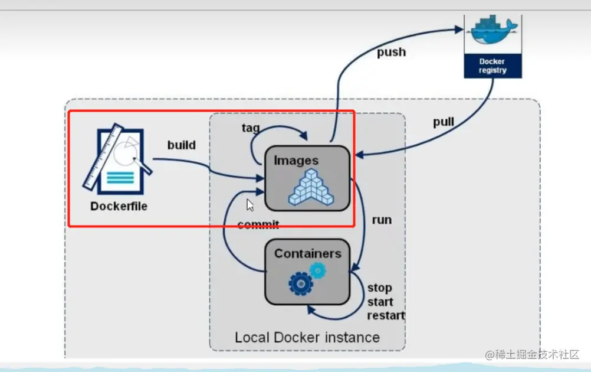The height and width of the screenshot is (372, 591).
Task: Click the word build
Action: pos(181,145)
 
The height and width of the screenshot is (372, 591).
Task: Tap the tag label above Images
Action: pos(251,128)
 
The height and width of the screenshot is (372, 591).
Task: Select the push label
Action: pos(392,52)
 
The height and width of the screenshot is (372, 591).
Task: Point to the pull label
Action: pos(444,122)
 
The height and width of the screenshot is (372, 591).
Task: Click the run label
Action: pos(382,220)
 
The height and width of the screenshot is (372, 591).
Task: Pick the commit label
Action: pos(258,224)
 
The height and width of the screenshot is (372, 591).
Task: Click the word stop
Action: pos(379,288)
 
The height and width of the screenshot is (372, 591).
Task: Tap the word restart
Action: pos(386,315)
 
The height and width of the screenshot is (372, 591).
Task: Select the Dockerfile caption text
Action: pos(119,206)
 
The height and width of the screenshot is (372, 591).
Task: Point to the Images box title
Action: pos(296,161)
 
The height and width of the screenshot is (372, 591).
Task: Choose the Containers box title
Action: pos(307,254)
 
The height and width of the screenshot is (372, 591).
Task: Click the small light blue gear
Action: pos(318,270)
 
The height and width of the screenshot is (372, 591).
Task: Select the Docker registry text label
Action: pos(493,66)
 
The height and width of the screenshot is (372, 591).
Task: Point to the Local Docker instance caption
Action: pos(307,337)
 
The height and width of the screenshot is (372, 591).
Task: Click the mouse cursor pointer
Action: pos(250,205)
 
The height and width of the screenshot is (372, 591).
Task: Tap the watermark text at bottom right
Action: pos(532,354)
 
